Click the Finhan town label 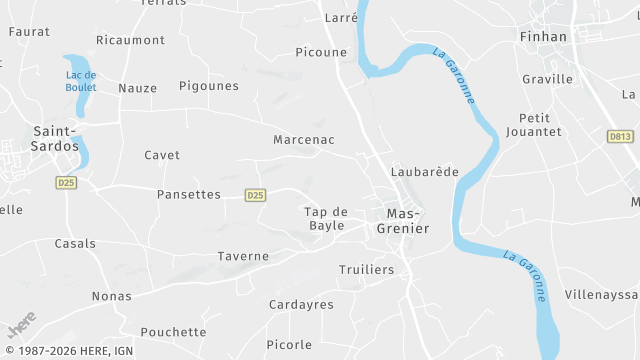click(x=543, y=37)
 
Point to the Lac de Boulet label click(x=80, y=81)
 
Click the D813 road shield click(x=620, y=136)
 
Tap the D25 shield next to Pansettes click(x=255, y=195)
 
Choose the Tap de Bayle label click(x=326, y=218)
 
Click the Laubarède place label click(x=425, y=171)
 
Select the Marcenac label click(x=304, y=140)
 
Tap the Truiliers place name click(x=366, y=270)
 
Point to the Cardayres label click(x=301, y=304)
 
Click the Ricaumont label click(x=130, y=40)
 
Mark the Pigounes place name click(x=209, y=86)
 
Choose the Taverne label click(x=243, y=256)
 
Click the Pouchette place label click(x=173, y=332)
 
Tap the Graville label click(x=548, y=79)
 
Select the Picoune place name click(x=321, y=52)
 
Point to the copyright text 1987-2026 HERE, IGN click(x=70, y=351)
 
